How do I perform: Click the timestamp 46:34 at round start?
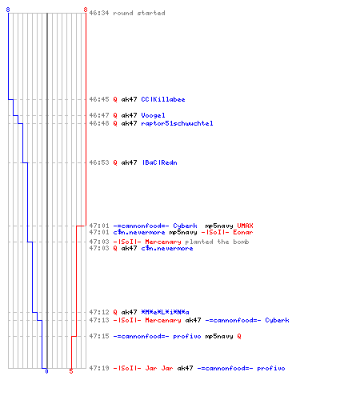point(99,13)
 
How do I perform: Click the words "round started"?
point(139,13)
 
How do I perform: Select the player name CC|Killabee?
point(163,99)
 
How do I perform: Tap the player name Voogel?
point(153,115)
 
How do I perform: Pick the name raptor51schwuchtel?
point(177,123)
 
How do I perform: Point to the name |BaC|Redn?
point(160,162)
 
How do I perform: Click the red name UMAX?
point(245,226)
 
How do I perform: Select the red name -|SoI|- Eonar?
point(227,232)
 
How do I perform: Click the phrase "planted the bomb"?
point(217,242)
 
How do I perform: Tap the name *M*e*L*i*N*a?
point(165,312)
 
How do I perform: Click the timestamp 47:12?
point(99,312)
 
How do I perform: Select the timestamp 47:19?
point(99,368)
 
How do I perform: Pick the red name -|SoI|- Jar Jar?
point(143,368)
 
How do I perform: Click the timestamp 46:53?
point(99,162)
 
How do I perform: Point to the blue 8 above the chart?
point(8,10)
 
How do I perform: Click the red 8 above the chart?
point(86,10)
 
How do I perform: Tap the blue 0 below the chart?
point(46,371)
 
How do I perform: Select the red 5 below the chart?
point(71,371)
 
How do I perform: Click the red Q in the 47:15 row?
point(239,336)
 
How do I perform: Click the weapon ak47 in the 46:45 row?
point(129,99)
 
